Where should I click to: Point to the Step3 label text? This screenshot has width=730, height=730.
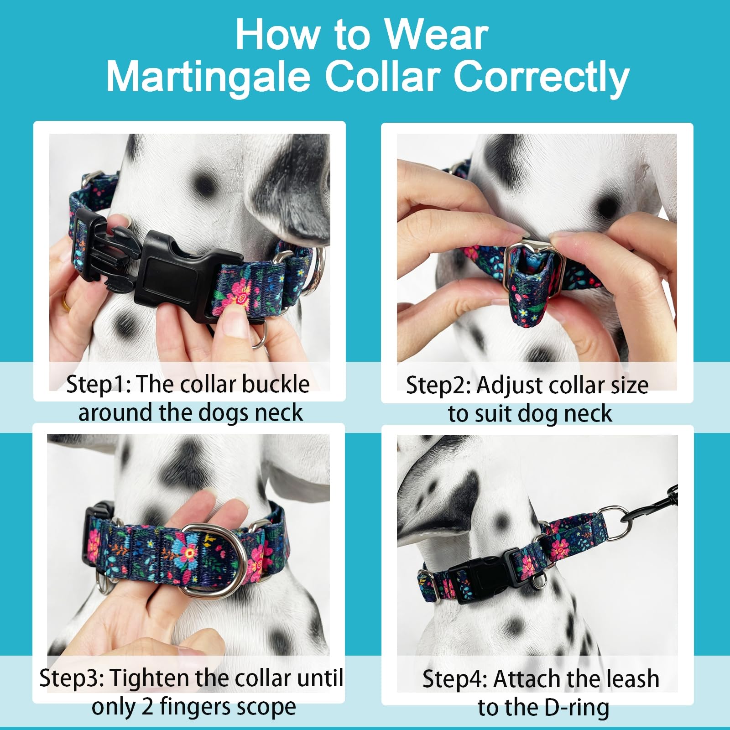(x=72, y=678)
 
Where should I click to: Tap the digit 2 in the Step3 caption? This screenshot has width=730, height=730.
(x=147, y=707)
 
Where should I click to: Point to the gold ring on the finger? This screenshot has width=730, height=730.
(x=67, y=303)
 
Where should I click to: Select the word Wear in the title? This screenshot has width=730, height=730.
(x=436, y=36)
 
